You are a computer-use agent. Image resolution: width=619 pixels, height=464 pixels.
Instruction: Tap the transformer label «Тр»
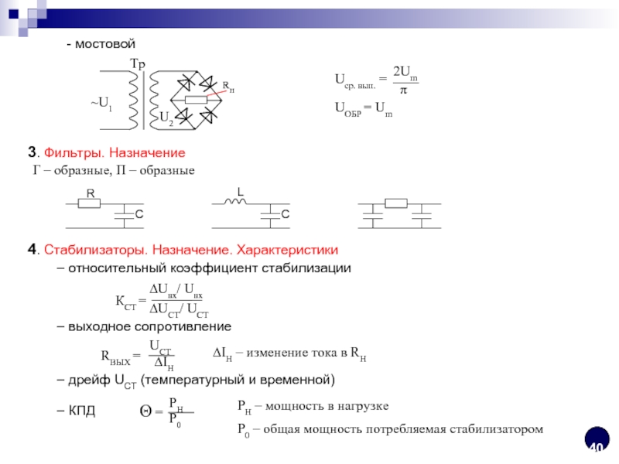point(136,63)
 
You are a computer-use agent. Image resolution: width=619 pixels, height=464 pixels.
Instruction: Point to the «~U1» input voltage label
point(101,104)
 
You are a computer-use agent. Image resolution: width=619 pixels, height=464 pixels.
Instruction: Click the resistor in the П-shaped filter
point(396,204)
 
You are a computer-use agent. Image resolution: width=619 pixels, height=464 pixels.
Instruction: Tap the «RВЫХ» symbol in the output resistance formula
point(116,357)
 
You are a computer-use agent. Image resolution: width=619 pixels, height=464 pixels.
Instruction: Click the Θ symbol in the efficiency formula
point(145,411)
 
